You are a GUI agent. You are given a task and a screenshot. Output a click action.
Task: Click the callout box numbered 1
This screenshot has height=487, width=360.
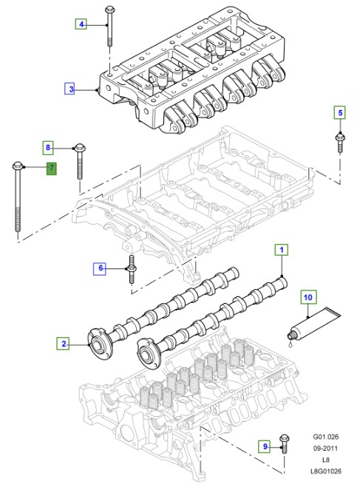tap(281, 251)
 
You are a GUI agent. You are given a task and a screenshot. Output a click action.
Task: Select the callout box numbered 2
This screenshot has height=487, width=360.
tap(64, 343)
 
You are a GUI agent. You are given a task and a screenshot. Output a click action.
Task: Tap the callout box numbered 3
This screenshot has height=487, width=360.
tap(71, 89)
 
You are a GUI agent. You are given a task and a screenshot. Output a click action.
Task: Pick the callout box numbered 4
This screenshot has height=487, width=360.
tap(82, 24)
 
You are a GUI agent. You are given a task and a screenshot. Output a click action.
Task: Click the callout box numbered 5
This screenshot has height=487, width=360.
tap(340, 113)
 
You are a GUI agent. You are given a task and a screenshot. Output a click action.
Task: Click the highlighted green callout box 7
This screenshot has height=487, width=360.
tap(51, 169)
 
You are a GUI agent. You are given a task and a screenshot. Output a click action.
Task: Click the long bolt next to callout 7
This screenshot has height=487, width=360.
tap(17, 196)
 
